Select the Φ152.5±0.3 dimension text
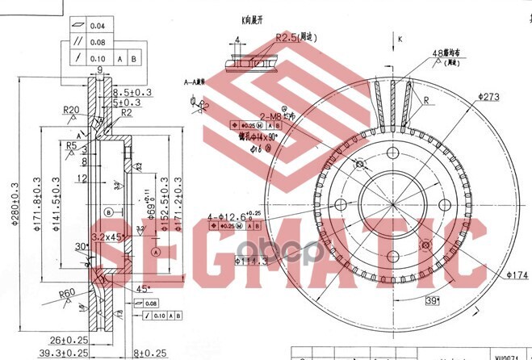tap(165, 203)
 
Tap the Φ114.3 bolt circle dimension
tap(253, 260)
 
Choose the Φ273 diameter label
tap(489, 96)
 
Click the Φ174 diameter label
tap(517, 275)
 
